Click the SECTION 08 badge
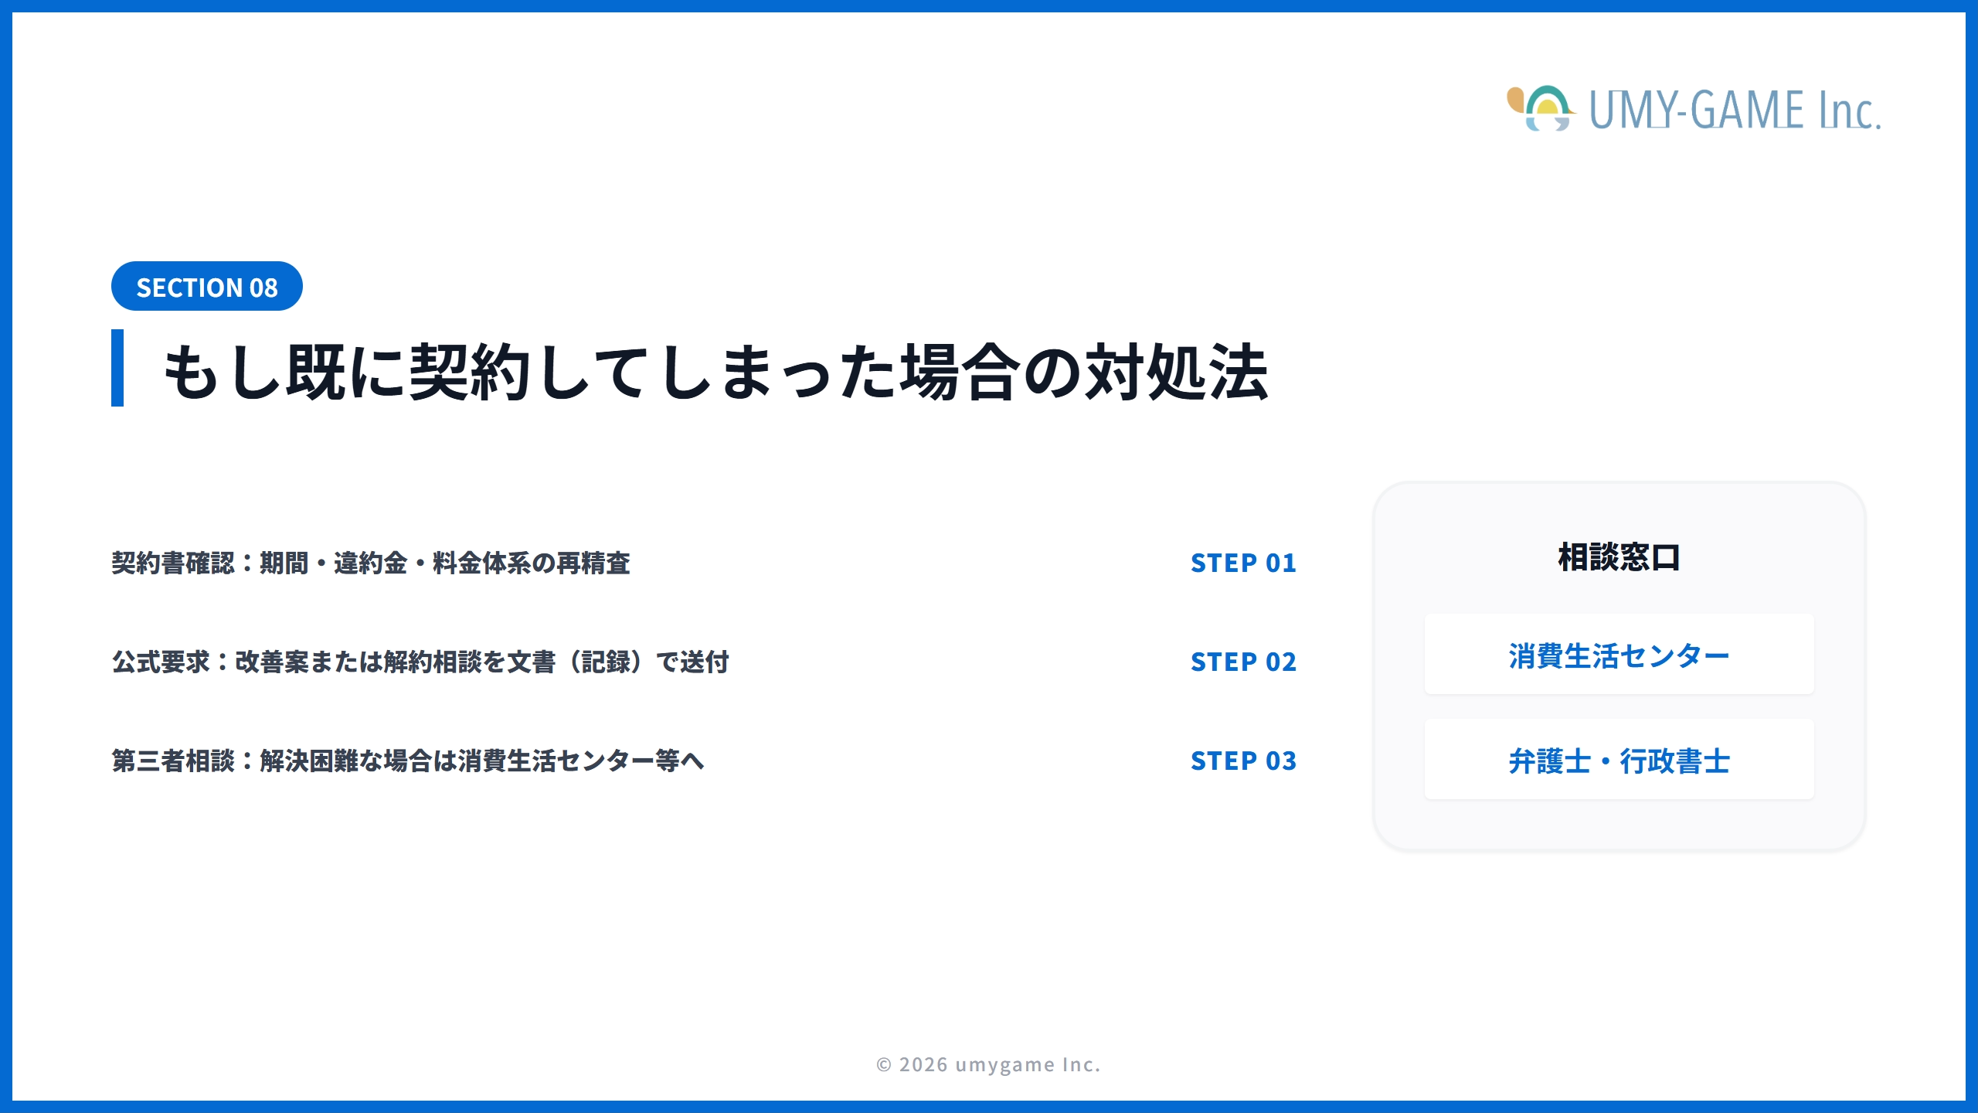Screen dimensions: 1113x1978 tap(206, 287)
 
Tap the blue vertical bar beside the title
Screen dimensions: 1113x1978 tap(117, 368)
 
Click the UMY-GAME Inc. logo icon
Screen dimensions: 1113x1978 tap(1540, 109)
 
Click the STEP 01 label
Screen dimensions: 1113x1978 tap(1243, 563)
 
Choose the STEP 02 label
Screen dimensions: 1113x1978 tap(1243, 662)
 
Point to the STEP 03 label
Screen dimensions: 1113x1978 tap(1243, 761)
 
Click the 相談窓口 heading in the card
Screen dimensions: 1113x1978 tap(1619, 557)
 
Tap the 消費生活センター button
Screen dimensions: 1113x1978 tap(1619, 655)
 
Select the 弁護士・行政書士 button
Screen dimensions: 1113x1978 tap(1619, 760)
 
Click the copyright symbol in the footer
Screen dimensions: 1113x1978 tap(884, 1065)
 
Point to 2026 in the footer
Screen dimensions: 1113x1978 tap(923, 1065)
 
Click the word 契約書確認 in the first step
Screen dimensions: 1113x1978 tap(173, 563)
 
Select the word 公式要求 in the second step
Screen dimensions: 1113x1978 tap(161, 662)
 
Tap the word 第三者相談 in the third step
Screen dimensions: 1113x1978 tap(173, 761)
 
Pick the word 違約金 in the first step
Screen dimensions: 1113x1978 tap(370, 563)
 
